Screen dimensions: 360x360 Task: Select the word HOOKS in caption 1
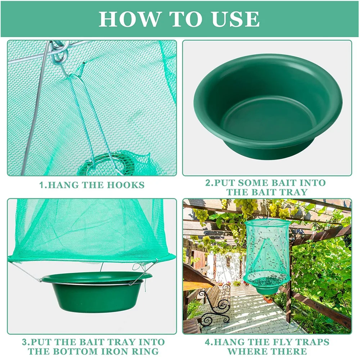tap(126, 185)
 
